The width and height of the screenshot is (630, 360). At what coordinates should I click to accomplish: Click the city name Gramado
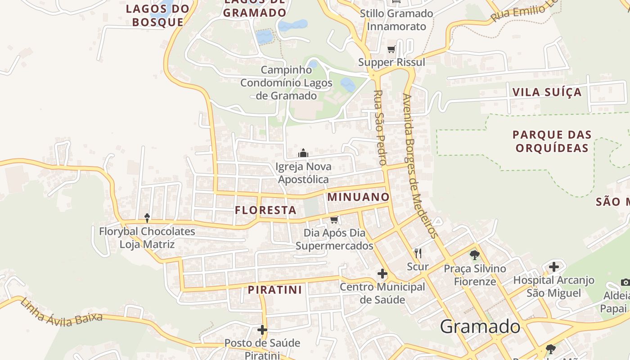tap(480, 326)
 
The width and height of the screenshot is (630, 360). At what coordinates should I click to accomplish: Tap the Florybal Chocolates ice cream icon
tap(147, 218)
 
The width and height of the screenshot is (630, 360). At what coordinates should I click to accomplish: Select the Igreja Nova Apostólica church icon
tap(303, 153)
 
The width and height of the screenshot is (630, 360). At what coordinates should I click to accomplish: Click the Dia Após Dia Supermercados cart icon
tap(334, 220)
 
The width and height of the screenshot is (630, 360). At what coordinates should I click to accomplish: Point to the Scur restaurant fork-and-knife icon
tap(418, 253)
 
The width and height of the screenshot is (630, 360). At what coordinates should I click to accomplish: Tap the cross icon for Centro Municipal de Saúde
tap(382, 273)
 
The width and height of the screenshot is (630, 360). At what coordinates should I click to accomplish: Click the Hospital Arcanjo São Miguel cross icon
tap(553, 267)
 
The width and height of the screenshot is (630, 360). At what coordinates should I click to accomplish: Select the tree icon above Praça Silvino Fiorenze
tap(474, 256)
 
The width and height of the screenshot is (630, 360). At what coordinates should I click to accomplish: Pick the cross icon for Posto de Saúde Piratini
tap(262, 330)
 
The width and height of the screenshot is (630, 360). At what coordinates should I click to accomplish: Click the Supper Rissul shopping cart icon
tap(391, 49)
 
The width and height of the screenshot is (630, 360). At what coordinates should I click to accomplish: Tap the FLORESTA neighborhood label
tap(265, 210)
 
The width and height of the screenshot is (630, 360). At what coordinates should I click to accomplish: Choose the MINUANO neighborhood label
tap(358, 197)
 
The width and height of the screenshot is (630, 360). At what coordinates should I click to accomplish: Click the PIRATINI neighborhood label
tap(274, 290)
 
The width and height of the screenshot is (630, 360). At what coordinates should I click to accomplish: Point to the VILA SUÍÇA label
tap(547, 92)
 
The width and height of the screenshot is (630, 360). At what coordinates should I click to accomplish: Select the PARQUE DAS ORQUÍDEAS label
tap(552, 141)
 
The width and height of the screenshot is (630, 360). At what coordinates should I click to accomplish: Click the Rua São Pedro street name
tap(380, 127)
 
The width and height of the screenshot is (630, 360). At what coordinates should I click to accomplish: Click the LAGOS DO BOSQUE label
tap(157, 15)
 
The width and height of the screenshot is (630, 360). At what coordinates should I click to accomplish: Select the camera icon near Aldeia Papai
tap(625, 282)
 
